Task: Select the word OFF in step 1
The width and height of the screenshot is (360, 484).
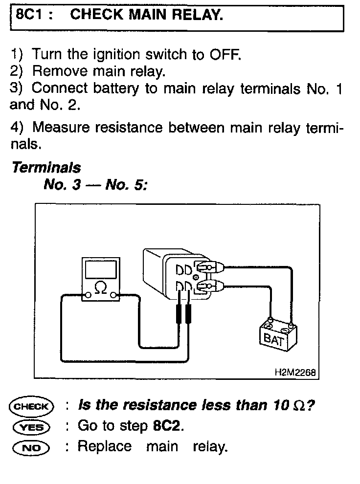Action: click(x=225, y=55)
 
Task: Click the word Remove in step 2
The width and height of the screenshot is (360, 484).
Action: click(x=60, y=71)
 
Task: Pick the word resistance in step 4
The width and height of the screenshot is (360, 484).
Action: click(x=129, y=127)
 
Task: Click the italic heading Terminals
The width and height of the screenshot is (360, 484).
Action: click(x=46, y=168)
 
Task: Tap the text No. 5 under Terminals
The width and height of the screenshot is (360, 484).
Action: click(x=126, y=185)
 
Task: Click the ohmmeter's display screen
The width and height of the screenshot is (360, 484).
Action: click(x=101, y=269)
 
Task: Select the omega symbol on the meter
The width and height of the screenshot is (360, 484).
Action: click(x=101, y=287)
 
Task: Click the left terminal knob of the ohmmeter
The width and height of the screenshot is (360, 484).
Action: click(x=88, y=296)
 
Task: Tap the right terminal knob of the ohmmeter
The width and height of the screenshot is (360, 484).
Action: click(x=113, y=296)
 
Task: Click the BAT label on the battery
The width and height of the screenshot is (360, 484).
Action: click(x=273, y=340)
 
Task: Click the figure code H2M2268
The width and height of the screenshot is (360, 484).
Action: click(x=295, y=372)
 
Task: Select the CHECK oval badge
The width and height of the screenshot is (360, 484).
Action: click(x=31, y=406)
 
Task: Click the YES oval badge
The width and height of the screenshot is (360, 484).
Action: click(x=31, y=427)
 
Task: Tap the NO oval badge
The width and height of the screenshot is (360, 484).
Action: click(x=31, y=448)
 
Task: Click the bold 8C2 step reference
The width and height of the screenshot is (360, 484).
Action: click(x=166, y=426)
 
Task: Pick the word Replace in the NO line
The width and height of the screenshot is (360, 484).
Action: click(x=105, y=446)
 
